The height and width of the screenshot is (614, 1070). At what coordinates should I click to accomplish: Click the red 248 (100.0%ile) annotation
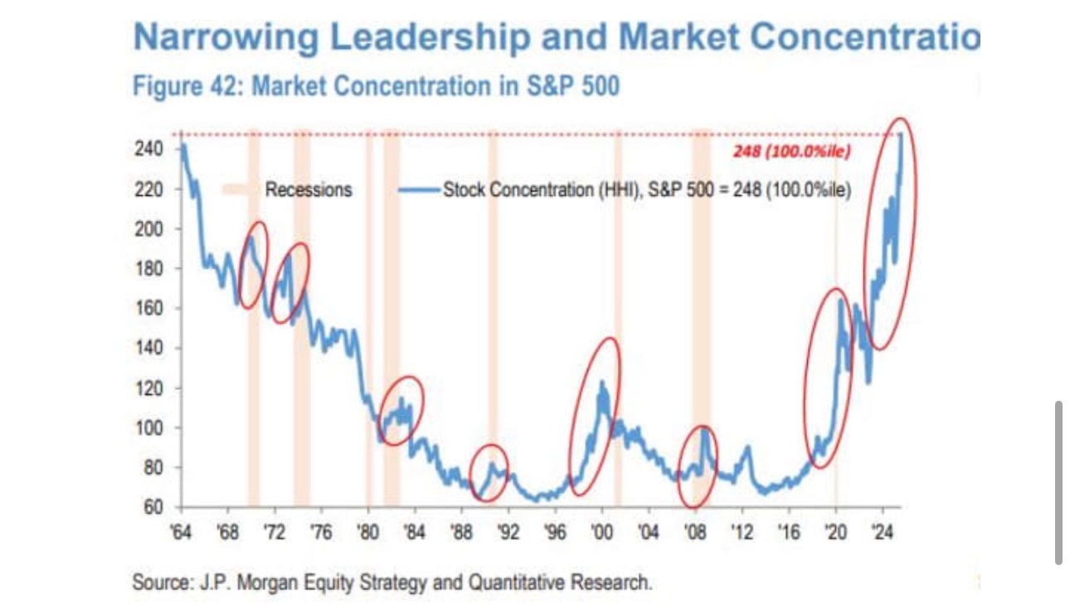791,151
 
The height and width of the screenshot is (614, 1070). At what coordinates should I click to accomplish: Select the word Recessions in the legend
309,190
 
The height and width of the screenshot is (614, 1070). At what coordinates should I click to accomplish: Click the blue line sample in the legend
419,190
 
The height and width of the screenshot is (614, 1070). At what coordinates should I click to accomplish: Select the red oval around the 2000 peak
595,417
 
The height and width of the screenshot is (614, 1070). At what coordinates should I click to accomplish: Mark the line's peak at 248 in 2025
901,134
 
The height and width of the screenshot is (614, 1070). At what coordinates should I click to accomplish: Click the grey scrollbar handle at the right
1058,482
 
